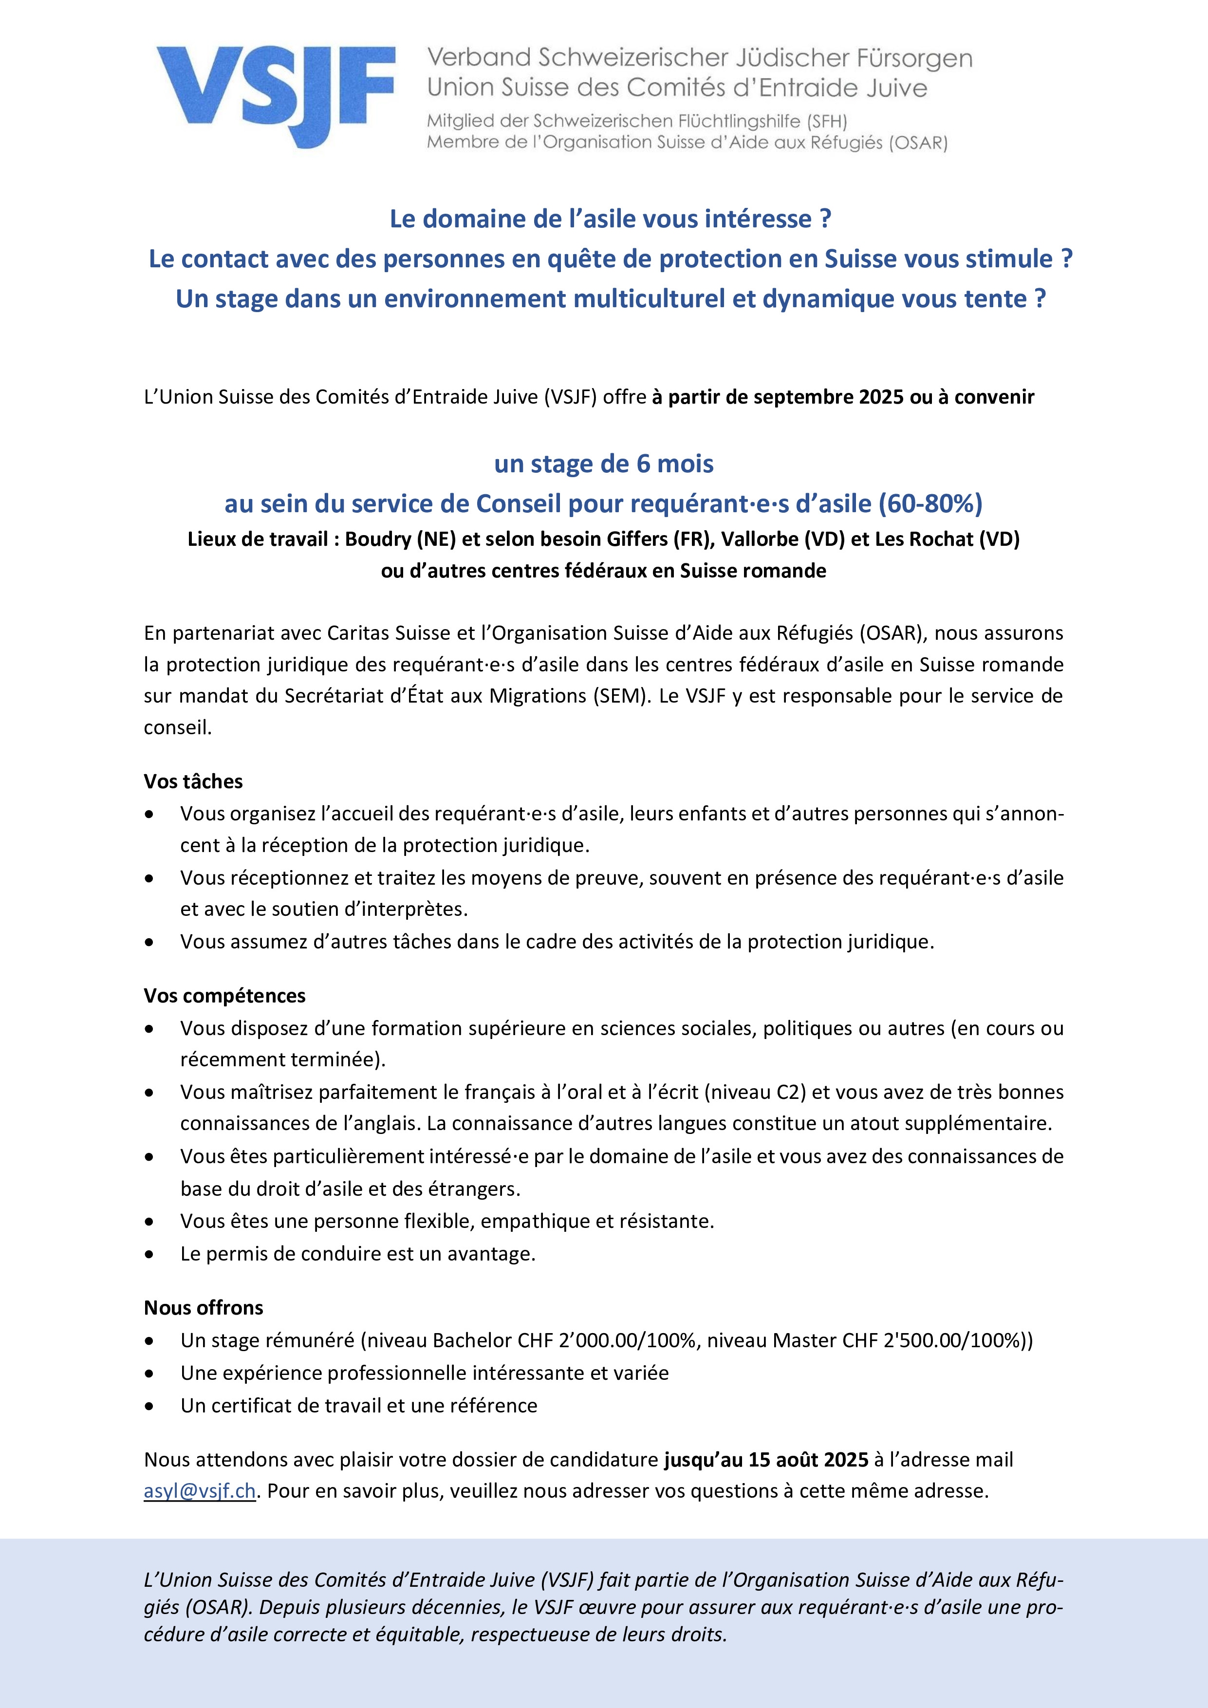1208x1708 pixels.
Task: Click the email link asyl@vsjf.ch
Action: (x=199, y=1491)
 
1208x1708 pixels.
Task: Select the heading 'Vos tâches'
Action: (x=193, y=781)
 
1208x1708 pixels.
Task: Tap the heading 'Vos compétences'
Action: (x=224, y=995)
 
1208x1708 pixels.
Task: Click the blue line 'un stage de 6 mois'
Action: (x=603, y=464)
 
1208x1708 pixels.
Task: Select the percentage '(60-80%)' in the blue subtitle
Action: (x=930, y=503)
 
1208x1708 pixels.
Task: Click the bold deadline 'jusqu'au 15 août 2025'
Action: (x=766, y=1460)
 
